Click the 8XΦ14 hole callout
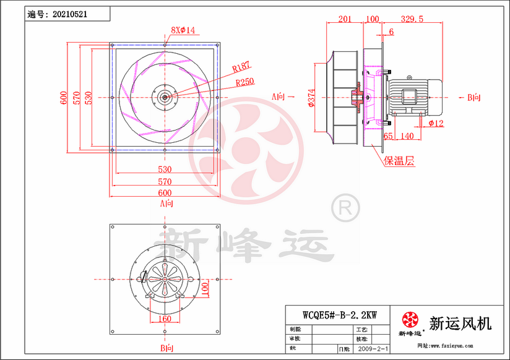pyautogui.click(x=183, y=30)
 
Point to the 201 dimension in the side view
pyautogui.click(x=345, y=19)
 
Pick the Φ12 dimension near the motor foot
pyautogui.click(x=436, y=122)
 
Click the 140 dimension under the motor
pyautogui.click(x=407, y=135)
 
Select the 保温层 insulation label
pyautogui.click(x=399, y=162)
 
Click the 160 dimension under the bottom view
pyautogui.click(x=165, y=319)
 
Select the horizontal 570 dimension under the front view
pyautogui.click(x=164, y=182)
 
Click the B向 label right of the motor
pyautogui.click(x=474, y=97)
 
